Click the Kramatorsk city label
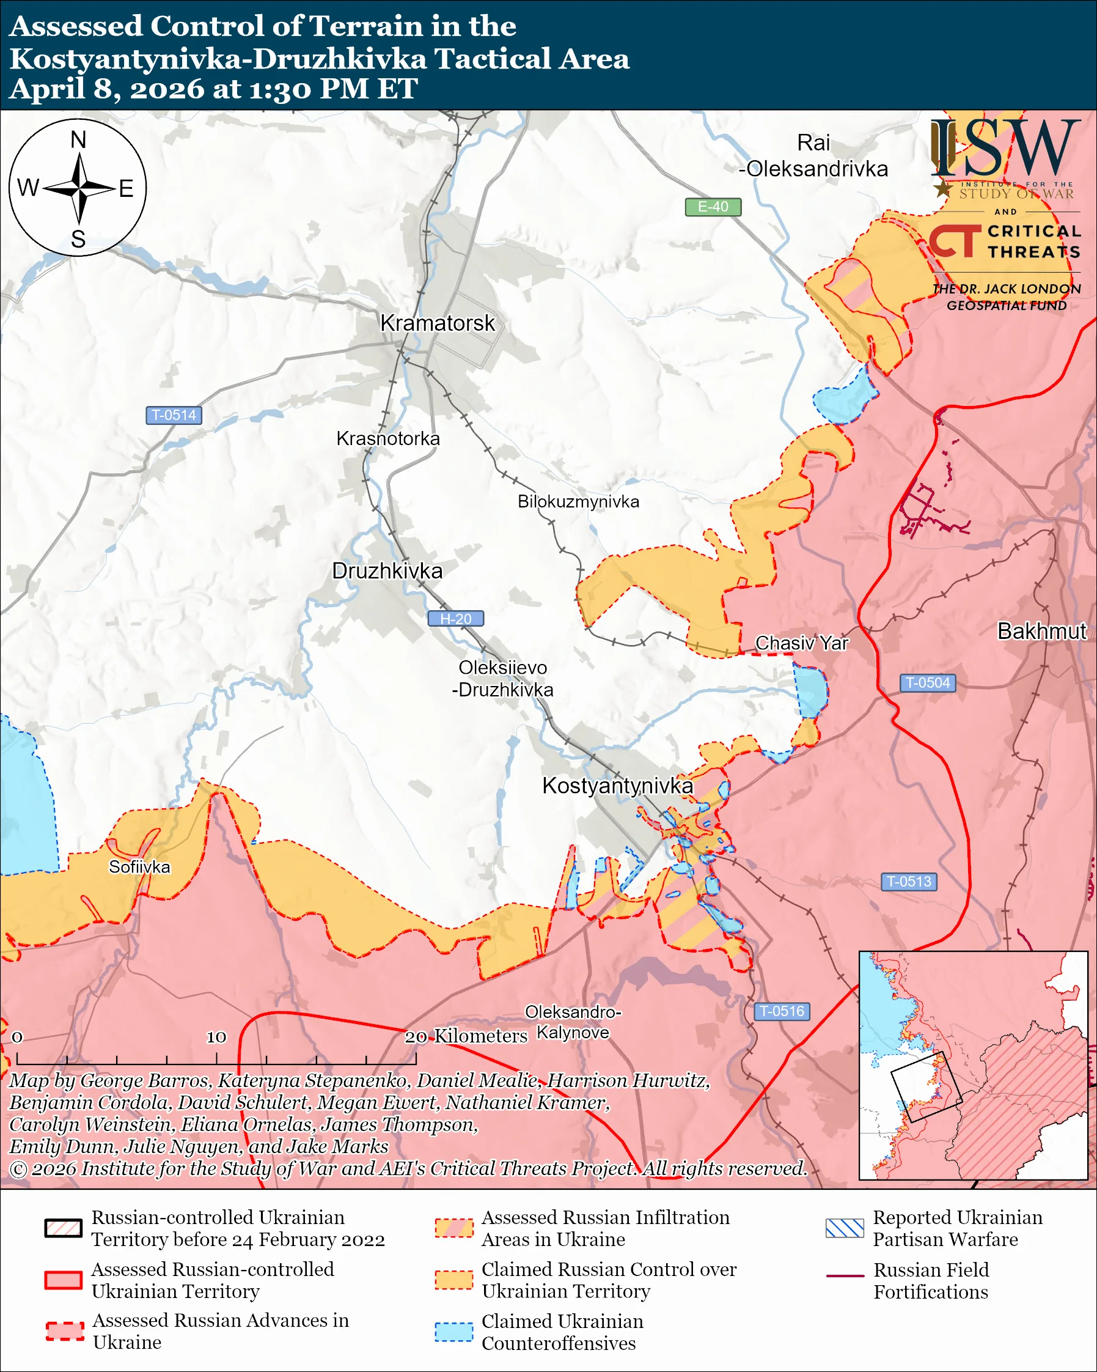(x=437, y=323)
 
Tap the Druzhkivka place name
(x=387, y=571)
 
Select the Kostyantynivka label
(x=617, y=786)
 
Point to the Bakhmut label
(x=1041, y=631)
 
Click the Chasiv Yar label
(x=801, y=643)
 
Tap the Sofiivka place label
(x=139, y=867)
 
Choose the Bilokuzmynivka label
(x=578, y=501)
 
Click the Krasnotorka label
(x=388, y=438)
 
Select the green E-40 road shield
(x=713, y=207)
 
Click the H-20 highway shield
(x=455, y=619)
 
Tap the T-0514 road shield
(x=174, y=415)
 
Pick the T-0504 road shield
(x=927, y=683)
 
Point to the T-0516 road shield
(x=782, y=1011)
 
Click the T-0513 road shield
(x=909, y=882)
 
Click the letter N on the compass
(x=78, y=140)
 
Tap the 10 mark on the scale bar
(x=216, y=1038)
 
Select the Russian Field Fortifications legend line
(x=845, y=1276)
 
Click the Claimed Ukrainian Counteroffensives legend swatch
(x=453, y=1331)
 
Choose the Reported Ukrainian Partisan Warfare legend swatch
(x=845, y=1228)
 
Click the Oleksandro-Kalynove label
(x=573, y=1022)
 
